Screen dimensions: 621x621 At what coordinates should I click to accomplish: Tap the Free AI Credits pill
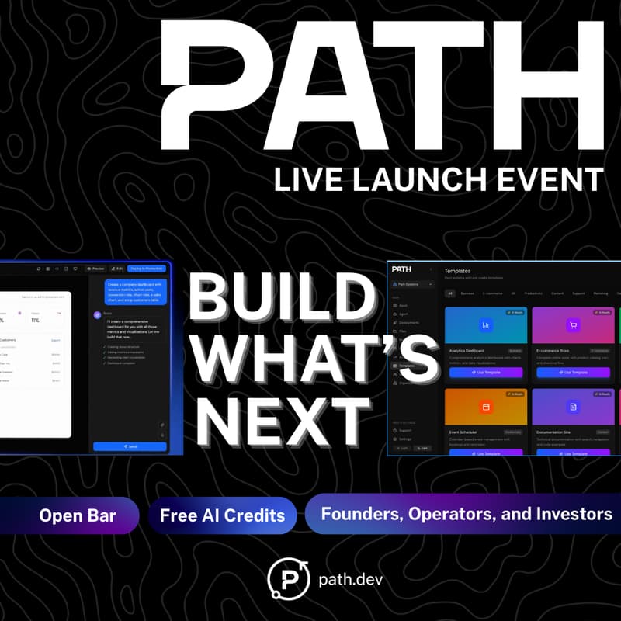(222, 515)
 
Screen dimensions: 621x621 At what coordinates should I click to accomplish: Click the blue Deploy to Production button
(147, 268)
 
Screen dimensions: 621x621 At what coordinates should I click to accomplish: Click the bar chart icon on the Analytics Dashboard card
(486, 325)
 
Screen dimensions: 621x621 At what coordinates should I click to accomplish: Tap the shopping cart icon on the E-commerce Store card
(574, 325)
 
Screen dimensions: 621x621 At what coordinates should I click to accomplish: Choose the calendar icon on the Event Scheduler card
(486, 406)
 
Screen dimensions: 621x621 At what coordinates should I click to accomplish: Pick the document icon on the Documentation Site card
(574, 406)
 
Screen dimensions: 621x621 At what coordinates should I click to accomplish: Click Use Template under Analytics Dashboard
(486, 373)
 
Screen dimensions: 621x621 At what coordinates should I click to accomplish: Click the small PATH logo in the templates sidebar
(401, 269)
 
